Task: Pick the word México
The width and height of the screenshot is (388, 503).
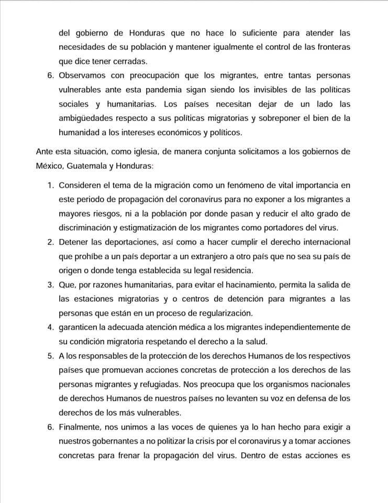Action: point(51,166)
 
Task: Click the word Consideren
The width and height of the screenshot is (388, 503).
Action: point(83,186)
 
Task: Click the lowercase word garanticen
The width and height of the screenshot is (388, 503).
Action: point(82,327)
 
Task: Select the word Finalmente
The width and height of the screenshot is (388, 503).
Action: point(82,427)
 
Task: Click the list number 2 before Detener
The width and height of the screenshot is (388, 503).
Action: point(50,243)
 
